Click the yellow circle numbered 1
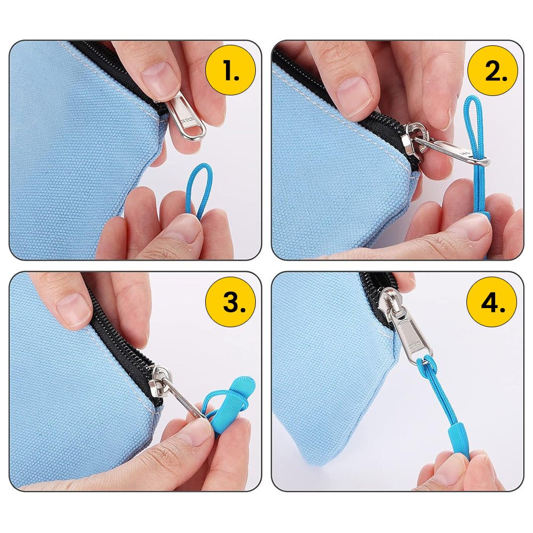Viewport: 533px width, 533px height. [230, 70]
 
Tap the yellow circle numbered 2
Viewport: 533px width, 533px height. [492, 70]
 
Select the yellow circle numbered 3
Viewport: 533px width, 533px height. [230, 302]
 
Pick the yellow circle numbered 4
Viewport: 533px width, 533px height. [491, 302]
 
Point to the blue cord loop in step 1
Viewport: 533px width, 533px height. [199, 189]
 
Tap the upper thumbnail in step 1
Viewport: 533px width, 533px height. [160, 76]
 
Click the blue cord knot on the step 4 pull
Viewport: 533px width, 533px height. [427, 363]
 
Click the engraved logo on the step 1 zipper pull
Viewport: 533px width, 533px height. [188, 120]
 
